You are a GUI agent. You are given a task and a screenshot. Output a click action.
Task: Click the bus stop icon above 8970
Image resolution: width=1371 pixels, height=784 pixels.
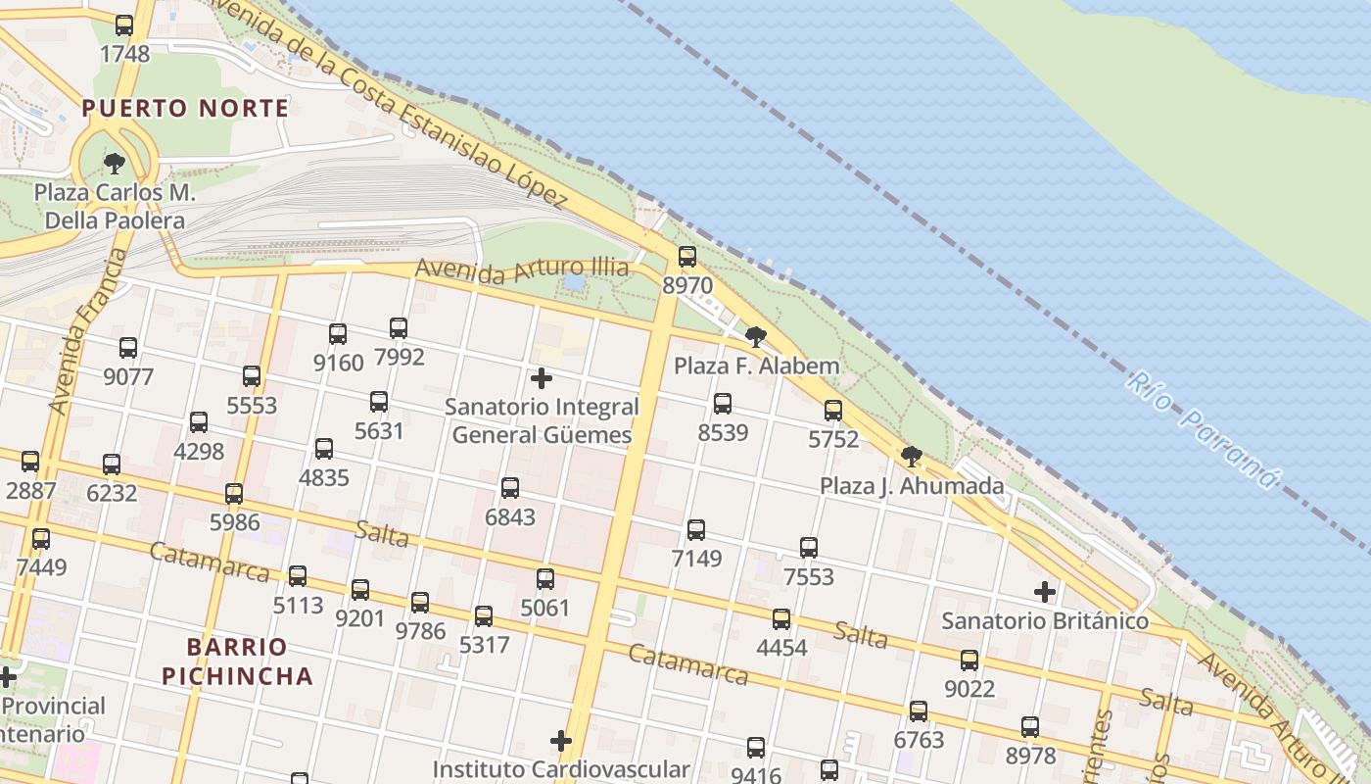click(x=687, y=257)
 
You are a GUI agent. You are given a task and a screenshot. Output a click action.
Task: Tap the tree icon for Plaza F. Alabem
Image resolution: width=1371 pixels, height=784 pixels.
click(x=755, y=337)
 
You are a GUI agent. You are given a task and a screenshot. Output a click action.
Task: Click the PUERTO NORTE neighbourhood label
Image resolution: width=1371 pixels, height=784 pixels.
click(x=186, y=108)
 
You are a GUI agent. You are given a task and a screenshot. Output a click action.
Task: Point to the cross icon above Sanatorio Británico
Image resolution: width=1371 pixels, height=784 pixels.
click(x=1045, y=592)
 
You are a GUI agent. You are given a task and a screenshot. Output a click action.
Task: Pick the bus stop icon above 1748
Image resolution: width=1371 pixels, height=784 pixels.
click(x=124, y=25)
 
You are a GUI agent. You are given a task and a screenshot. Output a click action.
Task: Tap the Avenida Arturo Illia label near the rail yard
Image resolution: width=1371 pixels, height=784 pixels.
click(x=521, y=268)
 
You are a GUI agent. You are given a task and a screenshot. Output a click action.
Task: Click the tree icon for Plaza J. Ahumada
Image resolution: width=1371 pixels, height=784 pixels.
click(x=912, y=456)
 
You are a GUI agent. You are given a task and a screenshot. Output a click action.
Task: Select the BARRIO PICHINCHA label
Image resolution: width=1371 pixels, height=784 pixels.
click(x=237, y=661)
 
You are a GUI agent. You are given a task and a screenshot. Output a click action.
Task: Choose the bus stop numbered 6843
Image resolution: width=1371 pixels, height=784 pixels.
click(x=510, y=488)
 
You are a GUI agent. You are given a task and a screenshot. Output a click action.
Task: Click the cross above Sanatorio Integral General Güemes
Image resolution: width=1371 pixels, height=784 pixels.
click(x=541, y=378)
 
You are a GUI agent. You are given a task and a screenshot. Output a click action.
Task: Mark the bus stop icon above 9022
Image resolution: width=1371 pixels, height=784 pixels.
click(x=969, y=661)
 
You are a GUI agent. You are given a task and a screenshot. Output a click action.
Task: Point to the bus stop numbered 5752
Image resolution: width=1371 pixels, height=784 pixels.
click(x=833, y=411)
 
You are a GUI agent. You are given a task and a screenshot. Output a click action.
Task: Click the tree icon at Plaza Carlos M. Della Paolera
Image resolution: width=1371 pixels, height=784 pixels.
click(x=115, y=163)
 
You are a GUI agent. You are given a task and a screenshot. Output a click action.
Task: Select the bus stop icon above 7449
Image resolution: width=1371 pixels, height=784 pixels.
click(x=41, y=539)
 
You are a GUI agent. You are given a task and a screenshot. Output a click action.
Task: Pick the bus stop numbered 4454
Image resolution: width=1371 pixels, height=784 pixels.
click(x=781, y=619)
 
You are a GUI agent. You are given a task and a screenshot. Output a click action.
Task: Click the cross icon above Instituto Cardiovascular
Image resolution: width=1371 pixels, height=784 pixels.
click(x=561, y=741)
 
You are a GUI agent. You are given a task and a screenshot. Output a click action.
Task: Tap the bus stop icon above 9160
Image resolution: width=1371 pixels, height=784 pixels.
click(x=338, y=334)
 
